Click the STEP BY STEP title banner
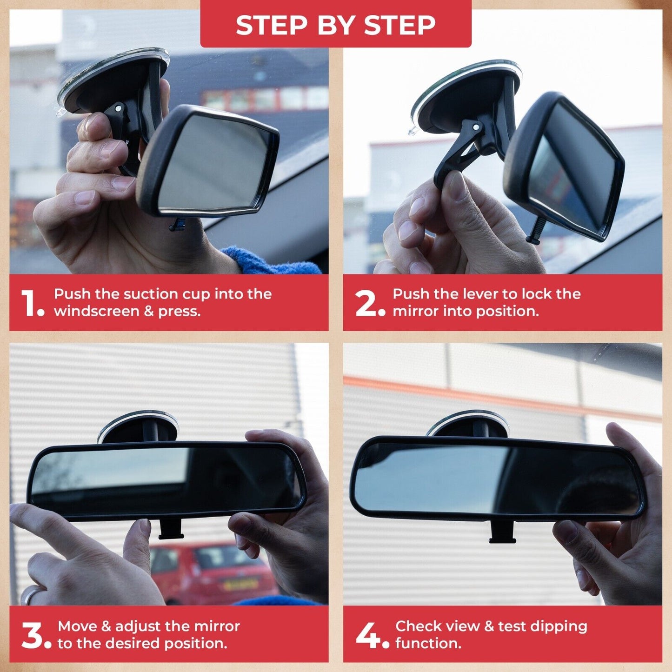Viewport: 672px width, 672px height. (x=335, y=24)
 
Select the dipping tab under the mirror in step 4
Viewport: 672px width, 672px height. (x=502, y=532)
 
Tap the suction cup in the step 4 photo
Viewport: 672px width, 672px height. (x=468, y=424)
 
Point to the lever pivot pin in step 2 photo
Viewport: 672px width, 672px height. (x=476, y=127)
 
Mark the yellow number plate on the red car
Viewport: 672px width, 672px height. (x=240, y=584)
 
